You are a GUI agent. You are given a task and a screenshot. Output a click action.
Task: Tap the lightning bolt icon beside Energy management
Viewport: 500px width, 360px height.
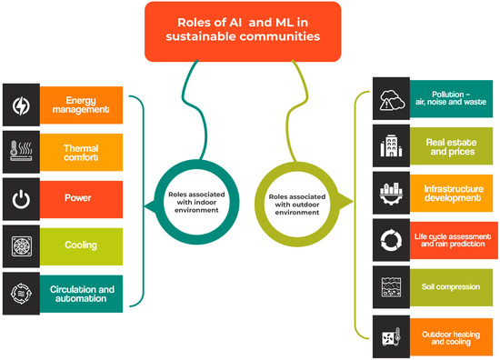pyautogui.click(x=21, y=105)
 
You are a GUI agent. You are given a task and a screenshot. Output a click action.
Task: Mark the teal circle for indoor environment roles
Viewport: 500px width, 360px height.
pyautogui.click(x=194, y=200)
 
